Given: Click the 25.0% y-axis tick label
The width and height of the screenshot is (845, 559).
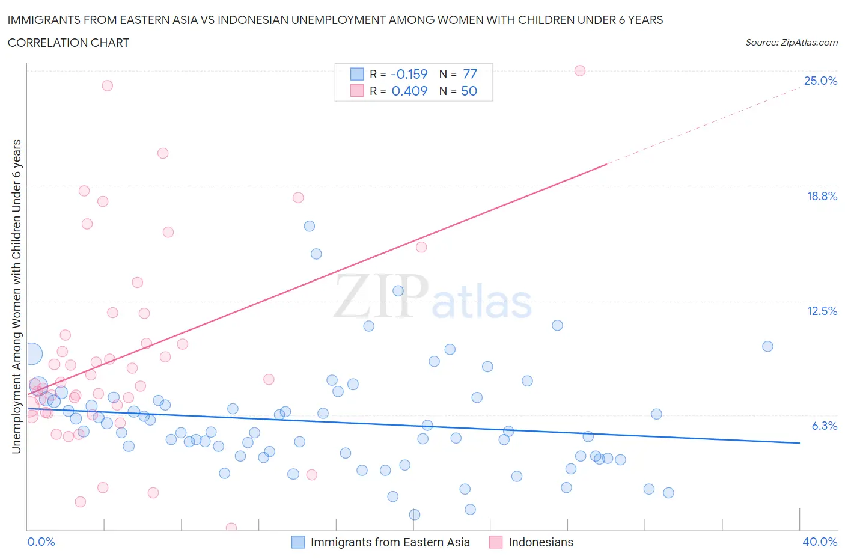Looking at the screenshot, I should point(820,81).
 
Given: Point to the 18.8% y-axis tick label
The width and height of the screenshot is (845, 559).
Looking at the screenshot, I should point(822,196).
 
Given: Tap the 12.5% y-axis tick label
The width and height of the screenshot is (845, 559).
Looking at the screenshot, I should point(822,311).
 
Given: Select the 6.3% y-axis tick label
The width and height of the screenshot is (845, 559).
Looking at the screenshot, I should point(824,426).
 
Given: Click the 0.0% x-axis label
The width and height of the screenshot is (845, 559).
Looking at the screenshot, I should point(41,542).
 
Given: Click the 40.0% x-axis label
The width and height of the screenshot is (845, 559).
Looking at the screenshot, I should point(820,542).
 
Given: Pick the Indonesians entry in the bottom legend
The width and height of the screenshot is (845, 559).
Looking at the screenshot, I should point(540,542).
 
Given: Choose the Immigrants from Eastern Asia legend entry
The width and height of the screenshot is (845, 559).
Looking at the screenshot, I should point(389,542).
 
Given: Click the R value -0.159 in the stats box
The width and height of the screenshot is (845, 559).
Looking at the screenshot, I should point(409,74).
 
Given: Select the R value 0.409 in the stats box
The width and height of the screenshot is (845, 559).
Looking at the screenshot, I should point(409,91).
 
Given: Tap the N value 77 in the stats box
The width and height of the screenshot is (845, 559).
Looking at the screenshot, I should point(470,74).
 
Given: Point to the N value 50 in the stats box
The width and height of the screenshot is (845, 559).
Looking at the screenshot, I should point(469,91).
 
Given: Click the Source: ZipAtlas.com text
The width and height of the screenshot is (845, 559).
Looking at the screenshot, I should point(791,43).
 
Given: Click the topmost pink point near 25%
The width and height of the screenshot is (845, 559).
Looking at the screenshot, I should point(580,70).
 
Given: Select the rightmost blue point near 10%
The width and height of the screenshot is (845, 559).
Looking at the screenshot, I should point(767,346).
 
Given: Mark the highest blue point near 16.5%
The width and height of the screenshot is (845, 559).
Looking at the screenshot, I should point(310,226).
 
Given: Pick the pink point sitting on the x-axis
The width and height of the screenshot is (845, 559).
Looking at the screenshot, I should point(231,528).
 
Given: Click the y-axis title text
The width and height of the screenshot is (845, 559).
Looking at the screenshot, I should point(16,296).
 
